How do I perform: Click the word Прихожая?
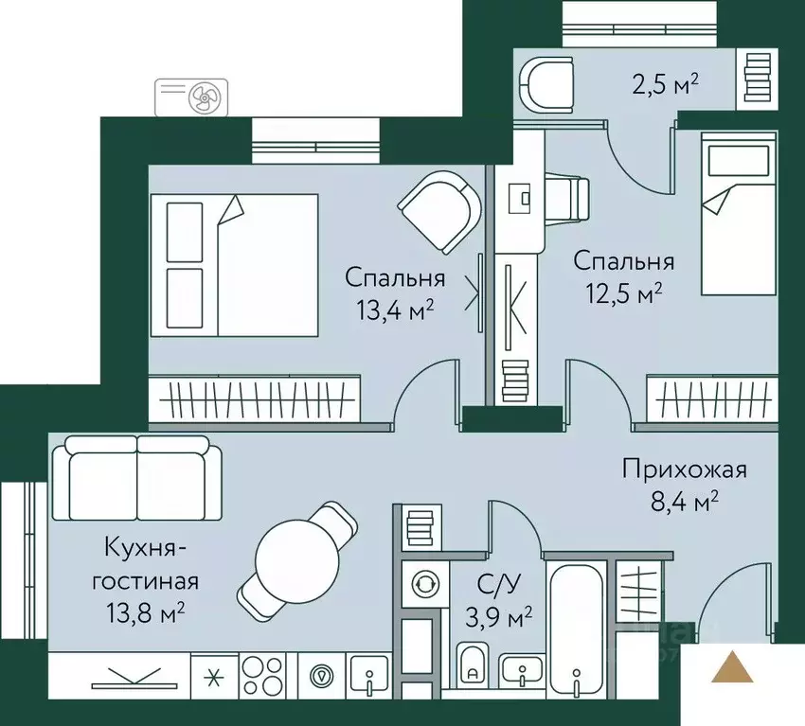coord(685,469)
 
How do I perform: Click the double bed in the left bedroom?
coord(234,264)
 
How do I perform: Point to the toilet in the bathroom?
coord(472,665)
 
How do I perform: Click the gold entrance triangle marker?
coord(734,667)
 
